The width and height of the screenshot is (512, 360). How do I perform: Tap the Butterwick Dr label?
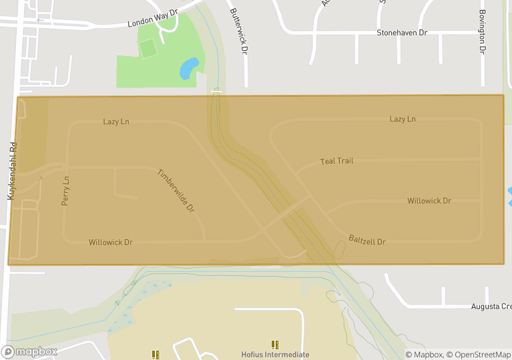[x=239, y=31]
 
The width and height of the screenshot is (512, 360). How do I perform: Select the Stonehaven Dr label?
[x=402, y=32]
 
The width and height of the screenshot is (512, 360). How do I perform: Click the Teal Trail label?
[x=336, y=161]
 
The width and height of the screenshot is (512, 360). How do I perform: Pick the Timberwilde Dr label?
[x=176, y=191]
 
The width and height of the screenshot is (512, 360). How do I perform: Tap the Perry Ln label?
[x=65, y=191]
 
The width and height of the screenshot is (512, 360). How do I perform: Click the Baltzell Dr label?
[x=367, y=240]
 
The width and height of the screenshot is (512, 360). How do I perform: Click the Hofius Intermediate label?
[x=275, y=355]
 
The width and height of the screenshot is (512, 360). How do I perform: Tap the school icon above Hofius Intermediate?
[x=275, y=345]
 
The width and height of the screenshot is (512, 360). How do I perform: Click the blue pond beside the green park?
[x=189, y=67]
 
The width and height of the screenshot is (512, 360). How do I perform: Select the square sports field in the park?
[x=148, y=48]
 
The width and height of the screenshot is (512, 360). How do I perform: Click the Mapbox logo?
[x=29, y=351]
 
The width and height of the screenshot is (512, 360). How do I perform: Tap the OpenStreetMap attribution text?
[x=478, y=355]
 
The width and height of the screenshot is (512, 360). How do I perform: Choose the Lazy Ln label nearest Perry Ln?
[x=116, y=122]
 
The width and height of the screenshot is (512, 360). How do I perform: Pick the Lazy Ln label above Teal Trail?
[x=403, y=119]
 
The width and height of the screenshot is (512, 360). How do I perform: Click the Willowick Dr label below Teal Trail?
[x=429, y=200]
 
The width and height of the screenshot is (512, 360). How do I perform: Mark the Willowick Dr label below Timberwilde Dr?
[x=111, y=242]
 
